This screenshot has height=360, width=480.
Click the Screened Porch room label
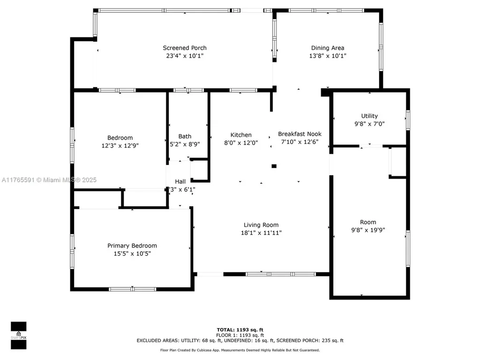185,48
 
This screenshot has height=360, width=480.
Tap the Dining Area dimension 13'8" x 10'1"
328,56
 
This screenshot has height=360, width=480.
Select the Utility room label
369,116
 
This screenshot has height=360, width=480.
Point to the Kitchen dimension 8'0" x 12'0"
241,143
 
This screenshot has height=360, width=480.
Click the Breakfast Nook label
300,134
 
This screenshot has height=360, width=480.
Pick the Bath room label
185,136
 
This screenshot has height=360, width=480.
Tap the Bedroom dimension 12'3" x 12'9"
120,145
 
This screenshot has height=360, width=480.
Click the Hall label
180,181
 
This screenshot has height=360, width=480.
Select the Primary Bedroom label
132,246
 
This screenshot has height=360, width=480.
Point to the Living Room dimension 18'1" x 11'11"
261,232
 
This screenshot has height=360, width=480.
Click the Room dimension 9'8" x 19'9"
368,230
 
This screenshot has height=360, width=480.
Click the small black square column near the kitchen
274,165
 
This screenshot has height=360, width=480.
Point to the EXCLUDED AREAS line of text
240,341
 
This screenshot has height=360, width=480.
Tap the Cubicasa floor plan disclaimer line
240,350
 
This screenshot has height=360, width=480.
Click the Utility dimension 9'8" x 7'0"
369,124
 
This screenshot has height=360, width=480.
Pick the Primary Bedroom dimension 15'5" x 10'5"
132,254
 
